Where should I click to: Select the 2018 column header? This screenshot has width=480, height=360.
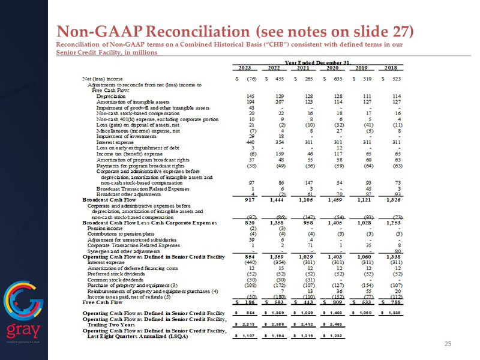point(390,67)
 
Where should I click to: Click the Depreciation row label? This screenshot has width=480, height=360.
point(109,96)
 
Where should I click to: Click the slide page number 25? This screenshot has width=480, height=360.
point(447,344)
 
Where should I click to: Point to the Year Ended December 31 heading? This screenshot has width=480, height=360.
point(316,62)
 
